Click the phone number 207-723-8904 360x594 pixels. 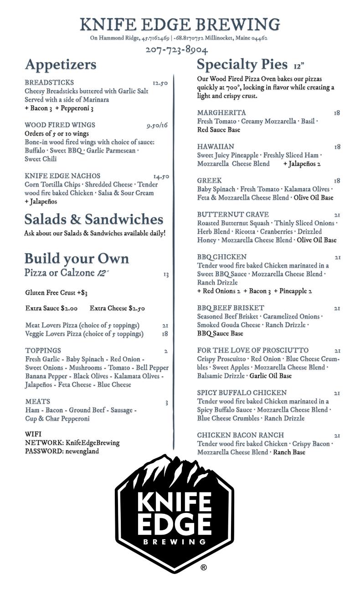tap(176, 50)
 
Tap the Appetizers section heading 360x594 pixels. tap(61, 65)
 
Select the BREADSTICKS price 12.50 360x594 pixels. tap(160, 83)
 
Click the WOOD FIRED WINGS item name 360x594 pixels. tap(60, 125)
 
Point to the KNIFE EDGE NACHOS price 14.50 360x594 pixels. tap(161, 176)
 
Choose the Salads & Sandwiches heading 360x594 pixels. tap(93, 220)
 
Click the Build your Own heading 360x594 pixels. tap(77, 259)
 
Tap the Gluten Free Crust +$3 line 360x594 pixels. tap(56, 292)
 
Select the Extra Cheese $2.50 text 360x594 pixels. tap(117, 308)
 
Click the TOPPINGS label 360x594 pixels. tap(43, 350)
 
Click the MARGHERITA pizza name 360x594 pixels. tap(221, 113)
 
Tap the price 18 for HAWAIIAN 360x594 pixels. tap(337, 147)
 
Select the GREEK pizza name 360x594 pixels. tap(209, 180)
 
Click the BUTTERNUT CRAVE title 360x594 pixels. tap(233, 214)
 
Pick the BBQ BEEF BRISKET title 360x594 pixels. tap(231, 308)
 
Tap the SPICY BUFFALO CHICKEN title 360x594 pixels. tap(242, 393)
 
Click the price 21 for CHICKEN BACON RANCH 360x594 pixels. tap(337, 435)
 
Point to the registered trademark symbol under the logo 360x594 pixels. tap(204, 568)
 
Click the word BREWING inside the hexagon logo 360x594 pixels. tap(175, 542)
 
